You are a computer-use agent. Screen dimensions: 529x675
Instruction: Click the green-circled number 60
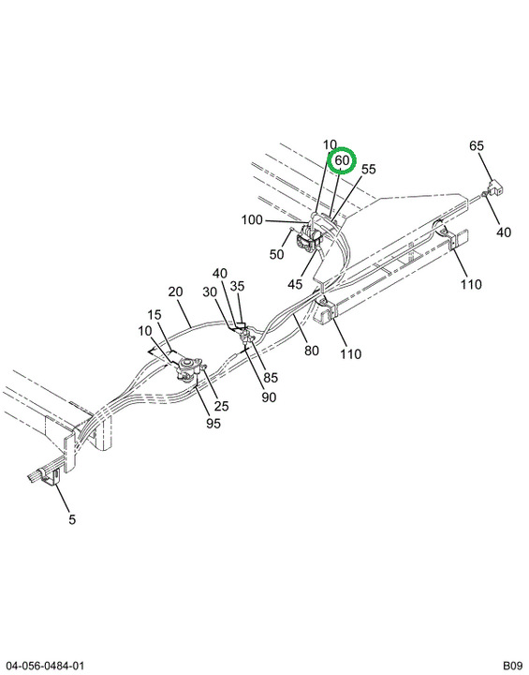click(342, 160)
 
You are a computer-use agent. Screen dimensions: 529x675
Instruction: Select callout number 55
click(369, 169)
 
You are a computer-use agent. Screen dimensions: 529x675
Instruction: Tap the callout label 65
click(476, 146)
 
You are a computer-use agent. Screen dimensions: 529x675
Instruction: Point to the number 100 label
click(252, 220)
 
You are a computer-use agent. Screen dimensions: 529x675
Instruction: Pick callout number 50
click(276, 254)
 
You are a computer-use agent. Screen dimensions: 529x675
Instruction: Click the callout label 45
click(295, 284)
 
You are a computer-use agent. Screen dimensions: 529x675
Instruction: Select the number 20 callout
click(175, 292)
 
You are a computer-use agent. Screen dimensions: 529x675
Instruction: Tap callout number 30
click(210, 292)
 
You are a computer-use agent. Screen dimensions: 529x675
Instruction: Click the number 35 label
click(237, 286)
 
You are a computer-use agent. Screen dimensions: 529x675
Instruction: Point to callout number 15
click(154, 315)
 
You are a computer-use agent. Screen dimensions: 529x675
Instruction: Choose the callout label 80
click(312, 351)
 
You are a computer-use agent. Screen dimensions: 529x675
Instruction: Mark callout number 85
click(271, 378)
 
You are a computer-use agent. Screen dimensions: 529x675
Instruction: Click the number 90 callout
click(269, 397)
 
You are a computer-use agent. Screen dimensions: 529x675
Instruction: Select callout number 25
click(222, 406)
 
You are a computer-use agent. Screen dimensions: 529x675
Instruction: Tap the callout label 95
click(213, 424)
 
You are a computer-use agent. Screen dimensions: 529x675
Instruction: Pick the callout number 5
click(72, 519)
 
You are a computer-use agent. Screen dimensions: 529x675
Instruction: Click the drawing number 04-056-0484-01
click(45, 666)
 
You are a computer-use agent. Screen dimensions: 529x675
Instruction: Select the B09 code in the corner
click(513, 666)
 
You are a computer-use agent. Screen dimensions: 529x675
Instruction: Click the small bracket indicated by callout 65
click(495, 187)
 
